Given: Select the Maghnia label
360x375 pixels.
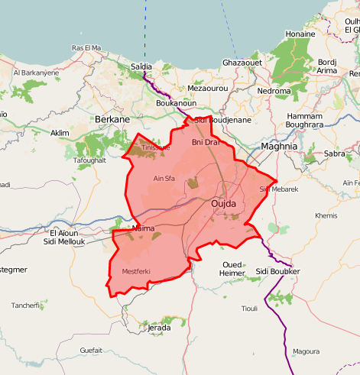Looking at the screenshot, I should coord(279,145).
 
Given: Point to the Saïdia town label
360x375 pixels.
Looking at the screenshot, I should coord(142,66).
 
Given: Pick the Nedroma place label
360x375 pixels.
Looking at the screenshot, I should coord(275,91).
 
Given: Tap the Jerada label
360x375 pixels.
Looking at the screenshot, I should coord(158,328).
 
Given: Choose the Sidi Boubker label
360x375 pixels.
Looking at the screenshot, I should coord(278,271).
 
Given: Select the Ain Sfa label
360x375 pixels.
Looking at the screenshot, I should coord(164,179).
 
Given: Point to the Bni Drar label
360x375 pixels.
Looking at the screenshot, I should coord(206,142).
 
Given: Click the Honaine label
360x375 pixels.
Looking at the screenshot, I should coord(300,34).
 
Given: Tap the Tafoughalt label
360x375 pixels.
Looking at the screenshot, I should coord(89,160).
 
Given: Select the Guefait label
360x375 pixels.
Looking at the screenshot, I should coord(91,350).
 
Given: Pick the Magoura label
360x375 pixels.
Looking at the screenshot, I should coord(306,351).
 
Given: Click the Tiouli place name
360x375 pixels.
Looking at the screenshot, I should coord(249,309).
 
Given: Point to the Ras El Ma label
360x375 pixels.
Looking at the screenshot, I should coord(86,47).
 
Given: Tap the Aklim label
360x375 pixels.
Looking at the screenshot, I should coord(60,133).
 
